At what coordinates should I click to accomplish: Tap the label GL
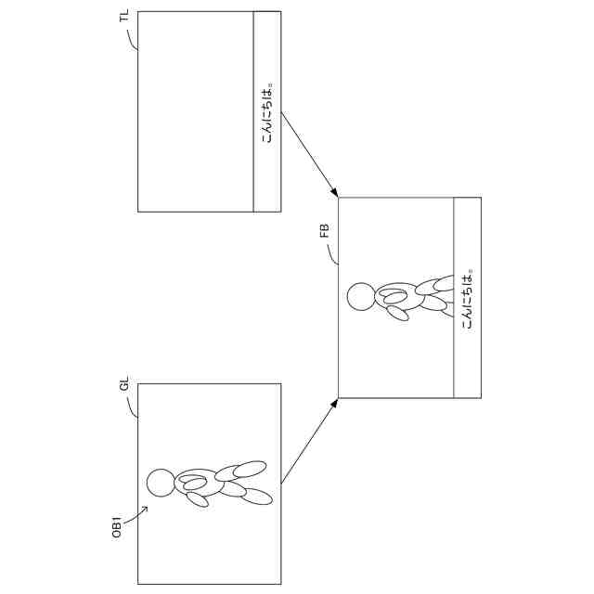pyautogui.click(x=124, y=388)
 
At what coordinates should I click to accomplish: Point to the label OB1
pyautogui.click(x=118, y=524)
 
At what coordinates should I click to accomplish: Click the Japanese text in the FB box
pyautogui.click(x=468, y=298)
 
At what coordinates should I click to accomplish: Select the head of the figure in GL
pyautogui.click(x=161, y=482)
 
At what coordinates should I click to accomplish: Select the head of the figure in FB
pyautogui.click(x=360, y=297)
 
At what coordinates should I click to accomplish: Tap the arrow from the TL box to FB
pyautogui.click(x=308, y=154)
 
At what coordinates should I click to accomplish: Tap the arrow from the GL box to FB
pyautogui.click(x=308, y=442)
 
